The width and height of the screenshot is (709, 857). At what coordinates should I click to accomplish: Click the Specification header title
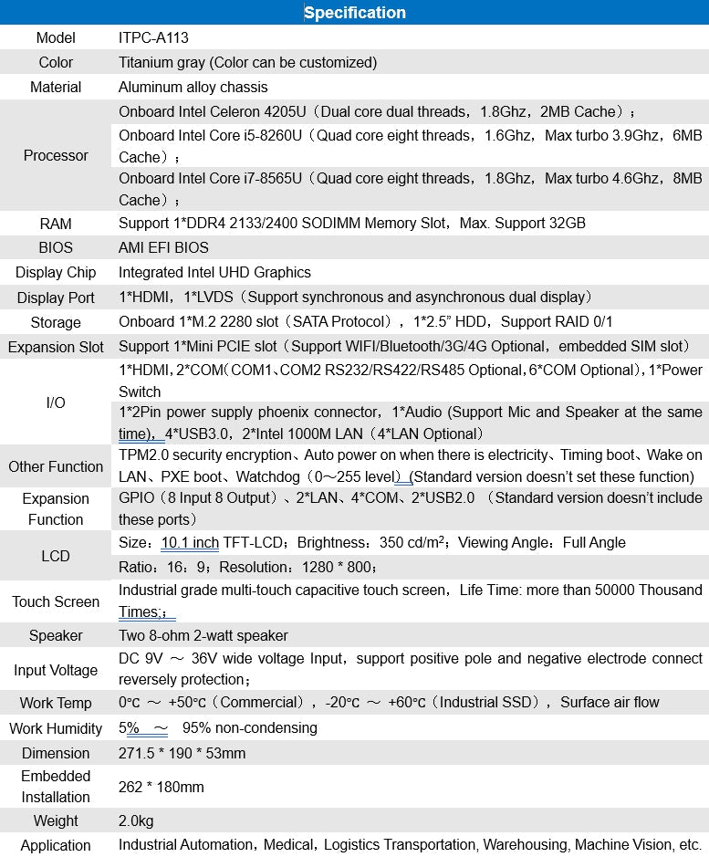(354, 13)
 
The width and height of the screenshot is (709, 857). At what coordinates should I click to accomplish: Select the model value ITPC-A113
(153, 38)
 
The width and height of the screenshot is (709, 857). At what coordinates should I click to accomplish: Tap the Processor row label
(56, 155)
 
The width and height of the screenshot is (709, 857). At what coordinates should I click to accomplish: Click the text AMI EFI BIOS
(163, 247)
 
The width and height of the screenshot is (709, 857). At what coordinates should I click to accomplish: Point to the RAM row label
(56, 224)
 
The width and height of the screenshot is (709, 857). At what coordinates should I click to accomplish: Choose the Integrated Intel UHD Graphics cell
(214, 272)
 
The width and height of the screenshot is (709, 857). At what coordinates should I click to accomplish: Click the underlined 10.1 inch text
(190, 543)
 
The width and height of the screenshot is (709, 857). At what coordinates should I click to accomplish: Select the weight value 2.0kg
(136, 820)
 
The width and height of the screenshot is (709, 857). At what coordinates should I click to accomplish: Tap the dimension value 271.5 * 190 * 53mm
(182, 753)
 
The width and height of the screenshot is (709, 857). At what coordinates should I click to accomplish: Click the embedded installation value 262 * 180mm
(162, 787)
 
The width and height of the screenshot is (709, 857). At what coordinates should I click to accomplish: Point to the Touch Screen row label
(56, 601)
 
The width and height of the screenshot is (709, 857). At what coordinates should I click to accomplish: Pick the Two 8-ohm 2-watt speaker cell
(203, 635)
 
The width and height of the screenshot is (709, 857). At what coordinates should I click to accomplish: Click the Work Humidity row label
(56, 728)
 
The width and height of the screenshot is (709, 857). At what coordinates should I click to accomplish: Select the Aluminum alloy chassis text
(193, 88)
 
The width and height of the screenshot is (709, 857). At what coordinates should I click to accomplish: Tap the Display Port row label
(56, 298)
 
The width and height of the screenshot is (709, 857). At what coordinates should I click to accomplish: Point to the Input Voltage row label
(56, 670)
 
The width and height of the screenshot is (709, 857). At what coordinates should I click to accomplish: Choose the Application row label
(56, 845)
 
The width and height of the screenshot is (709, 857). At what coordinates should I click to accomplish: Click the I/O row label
(56, 402)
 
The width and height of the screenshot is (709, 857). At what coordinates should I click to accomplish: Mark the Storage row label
(56, 322)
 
